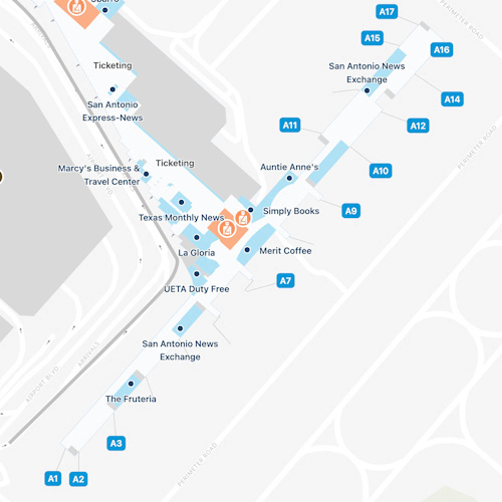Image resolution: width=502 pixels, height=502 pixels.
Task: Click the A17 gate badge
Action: (387, 12)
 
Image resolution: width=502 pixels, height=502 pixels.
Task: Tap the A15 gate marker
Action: (372, 38)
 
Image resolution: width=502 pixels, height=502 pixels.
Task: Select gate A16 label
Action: (442, 50)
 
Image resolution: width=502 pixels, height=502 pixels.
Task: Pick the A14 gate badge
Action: (452, 99)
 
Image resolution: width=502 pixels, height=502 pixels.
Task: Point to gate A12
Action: (418, 126)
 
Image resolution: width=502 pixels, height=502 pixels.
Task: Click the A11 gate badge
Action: (290, 125)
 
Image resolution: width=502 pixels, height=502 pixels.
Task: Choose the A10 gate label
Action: (380, 171)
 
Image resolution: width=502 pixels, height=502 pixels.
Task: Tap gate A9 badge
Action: (351, 211)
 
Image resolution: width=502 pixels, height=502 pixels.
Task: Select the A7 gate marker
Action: (285, 281)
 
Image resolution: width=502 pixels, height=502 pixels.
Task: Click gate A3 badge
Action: (116, 443)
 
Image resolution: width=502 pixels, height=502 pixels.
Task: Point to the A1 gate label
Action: (53, 478)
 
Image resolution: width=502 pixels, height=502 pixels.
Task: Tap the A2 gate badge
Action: (78, 479)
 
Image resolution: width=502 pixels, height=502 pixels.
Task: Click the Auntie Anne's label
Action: (289, 167)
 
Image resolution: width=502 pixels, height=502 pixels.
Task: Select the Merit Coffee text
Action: (285, 251)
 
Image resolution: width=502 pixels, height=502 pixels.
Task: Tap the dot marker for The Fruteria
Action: (131, 384)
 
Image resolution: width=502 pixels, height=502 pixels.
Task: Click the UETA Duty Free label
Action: (197, 289)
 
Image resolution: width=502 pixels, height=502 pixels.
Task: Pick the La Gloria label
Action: (197, 253)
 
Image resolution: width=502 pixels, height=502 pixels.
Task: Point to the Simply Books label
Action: (291, 211)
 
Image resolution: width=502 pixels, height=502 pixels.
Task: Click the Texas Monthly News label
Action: (181, 218)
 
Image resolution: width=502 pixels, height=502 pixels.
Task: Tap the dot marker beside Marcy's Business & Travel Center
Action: (146, 174)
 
